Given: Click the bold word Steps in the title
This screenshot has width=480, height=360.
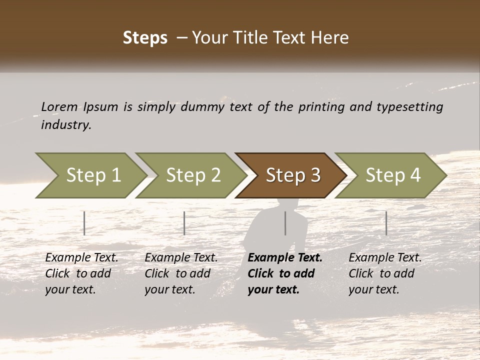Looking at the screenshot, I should (145, 38).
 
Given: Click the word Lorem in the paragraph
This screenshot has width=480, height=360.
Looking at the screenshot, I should (59, 106).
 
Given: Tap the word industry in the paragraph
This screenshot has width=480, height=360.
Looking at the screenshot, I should (66, 125).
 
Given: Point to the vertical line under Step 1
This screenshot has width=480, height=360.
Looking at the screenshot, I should (84, 223).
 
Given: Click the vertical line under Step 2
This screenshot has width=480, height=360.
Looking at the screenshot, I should (184, 223).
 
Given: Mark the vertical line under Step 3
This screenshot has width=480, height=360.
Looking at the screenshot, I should (285, 223).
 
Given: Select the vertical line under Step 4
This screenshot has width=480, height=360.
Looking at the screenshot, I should (386, 223).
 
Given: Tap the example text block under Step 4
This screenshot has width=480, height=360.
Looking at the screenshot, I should (385, 273).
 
